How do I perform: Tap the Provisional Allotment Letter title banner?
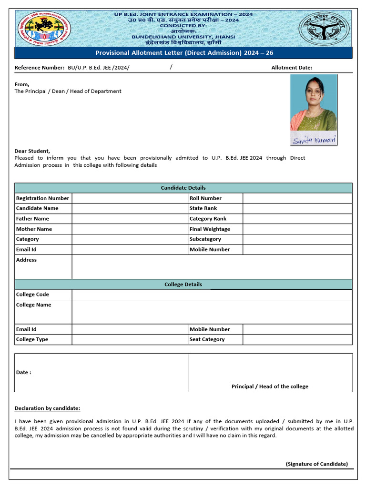coord(184,53)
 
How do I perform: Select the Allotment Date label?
coord(292,68)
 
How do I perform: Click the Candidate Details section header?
coord(183,188)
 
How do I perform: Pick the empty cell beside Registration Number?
coord(130,198)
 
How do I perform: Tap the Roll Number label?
coord(205,198)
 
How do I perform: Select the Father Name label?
coord(32,219)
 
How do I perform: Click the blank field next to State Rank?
coord(297,208)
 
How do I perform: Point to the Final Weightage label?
coord(210,229)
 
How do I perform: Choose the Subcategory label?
coord(205,239)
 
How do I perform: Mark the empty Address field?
coord(212,266)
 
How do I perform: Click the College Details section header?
coord(183,285)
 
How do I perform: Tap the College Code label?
coord(32,295)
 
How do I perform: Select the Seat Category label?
coord(207,339)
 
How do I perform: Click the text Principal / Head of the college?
coord(270,386)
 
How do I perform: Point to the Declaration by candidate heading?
coord(47,408)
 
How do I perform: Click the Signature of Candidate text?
coord(316,464)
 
